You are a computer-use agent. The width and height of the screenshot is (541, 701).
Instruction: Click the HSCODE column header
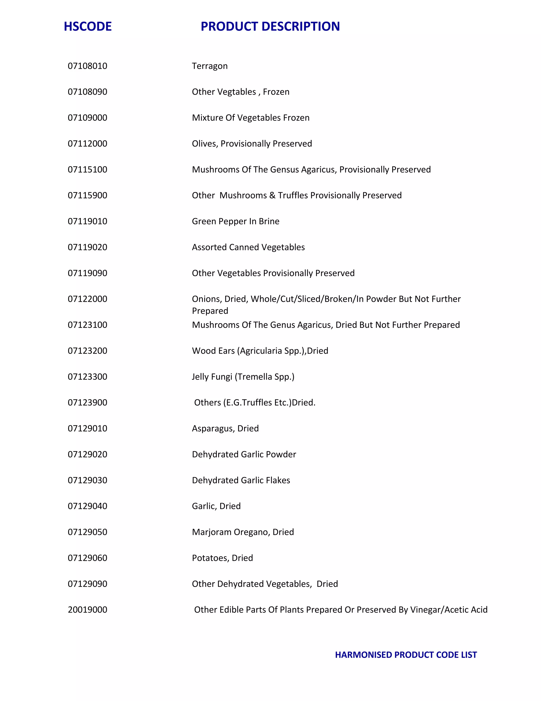click(x=87, y=26)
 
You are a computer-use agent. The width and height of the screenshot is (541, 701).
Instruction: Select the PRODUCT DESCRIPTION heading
click(x=270, y=26)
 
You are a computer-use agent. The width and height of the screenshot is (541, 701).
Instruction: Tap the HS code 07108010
click(x=87, y=66)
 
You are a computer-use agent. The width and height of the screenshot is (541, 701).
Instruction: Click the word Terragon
click(x=209, y=66)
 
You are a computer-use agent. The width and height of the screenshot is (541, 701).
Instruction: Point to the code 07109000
click(x=87, y=117)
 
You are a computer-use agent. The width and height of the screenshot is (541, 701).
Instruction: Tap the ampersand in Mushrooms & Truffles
click(x=272, y=195)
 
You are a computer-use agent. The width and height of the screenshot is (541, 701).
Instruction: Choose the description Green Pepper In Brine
click(x=236, y=221)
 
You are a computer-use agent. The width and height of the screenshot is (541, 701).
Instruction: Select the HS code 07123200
click(x=87, y=350)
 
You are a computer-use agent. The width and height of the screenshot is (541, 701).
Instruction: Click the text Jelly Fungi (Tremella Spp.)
click(x=243, y=376)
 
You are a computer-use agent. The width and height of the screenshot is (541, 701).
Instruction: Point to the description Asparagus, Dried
click(x=225, y=428)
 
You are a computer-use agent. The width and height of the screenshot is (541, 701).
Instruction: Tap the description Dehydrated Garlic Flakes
click(x=241, y=480)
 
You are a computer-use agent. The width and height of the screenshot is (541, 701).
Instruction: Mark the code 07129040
click(x=87, y=506)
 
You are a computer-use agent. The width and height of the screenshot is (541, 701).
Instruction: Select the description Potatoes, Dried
click(x=222, y=558)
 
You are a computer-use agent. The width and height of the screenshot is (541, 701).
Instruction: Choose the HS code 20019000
click(x=87, y=609)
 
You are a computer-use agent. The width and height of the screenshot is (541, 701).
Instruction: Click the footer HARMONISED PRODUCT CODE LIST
click(x=406, y=655)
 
